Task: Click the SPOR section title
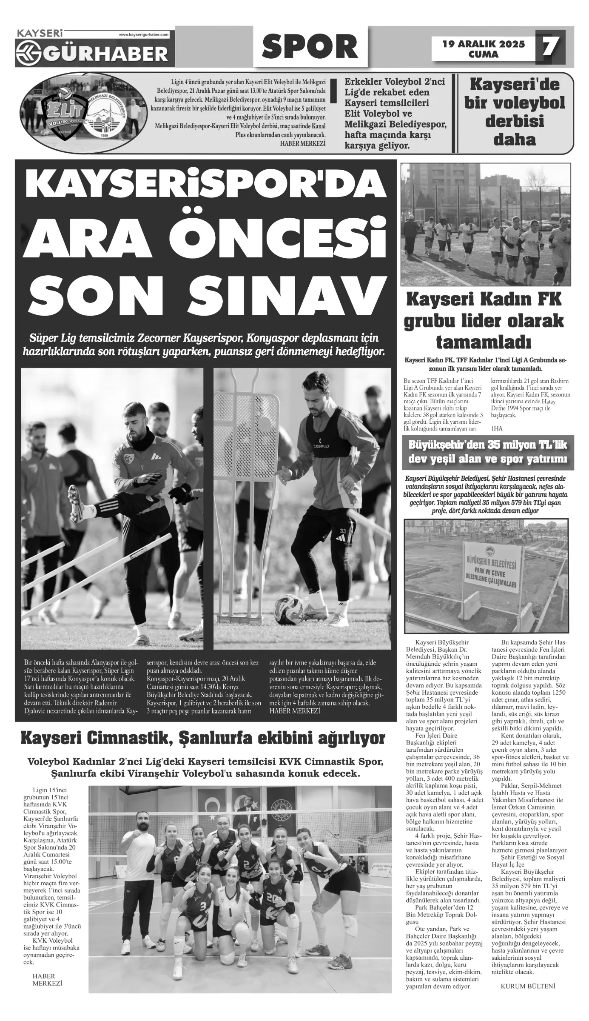[x=310, y=46]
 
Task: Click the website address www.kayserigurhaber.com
[x=144, y=34]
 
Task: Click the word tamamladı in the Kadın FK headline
[x=483, y=341]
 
